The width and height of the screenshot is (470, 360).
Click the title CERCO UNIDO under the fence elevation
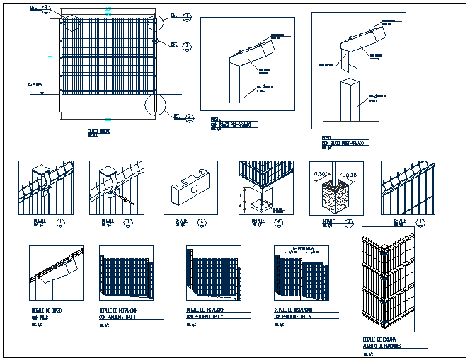tap(98, 131)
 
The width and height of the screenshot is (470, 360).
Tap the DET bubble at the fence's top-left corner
tap(46, 9)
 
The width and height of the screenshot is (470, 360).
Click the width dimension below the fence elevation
tap(108, 119)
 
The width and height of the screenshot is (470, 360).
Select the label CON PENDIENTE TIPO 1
tap(118, 317)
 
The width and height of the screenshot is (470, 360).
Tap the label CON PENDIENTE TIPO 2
tap(206, 317)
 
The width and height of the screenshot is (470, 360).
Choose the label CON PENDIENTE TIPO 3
tap(293, 317)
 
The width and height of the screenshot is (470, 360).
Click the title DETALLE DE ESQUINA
tap(381, 339)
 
